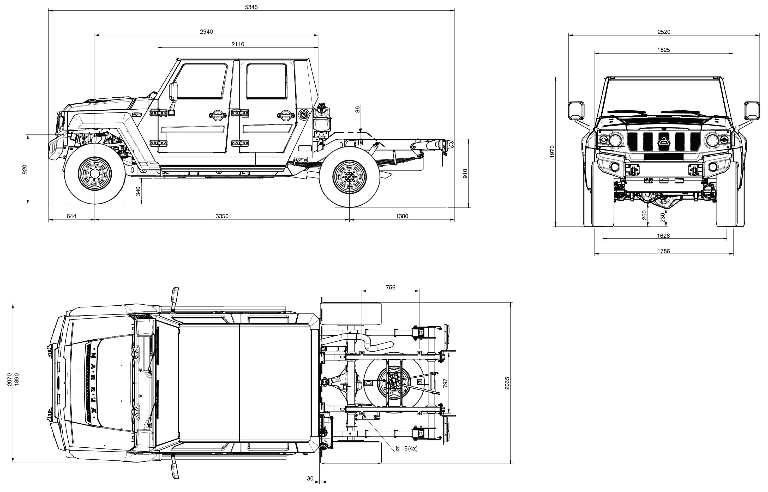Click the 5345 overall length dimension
point(251,7)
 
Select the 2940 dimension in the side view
point(206,32)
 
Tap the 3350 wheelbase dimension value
point(222,216)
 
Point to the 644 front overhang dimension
point(71,216)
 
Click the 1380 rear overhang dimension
point(402,216)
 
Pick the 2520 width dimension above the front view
point(664,32)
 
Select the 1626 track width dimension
point(663,236)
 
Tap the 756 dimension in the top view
point(390,288)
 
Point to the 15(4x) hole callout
point(407,449)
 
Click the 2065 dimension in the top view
point(507,383)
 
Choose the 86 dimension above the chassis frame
point(358,109)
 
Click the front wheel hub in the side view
point(95,174)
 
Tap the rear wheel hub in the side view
point(349,177)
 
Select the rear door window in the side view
point(267,81)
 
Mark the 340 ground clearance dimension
point(138,191)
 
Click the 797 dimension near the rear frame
point(446,383)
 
